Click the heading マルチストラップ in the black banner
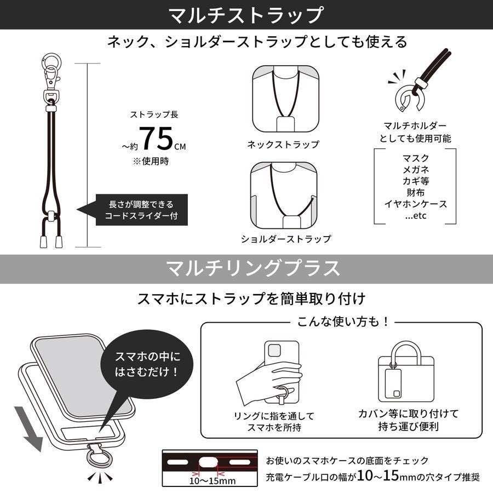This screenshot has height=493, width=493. point(246,15)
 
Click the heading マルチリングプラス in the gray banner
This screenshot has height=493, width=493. point(246,268)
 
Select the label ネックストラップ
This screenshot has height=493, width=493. point(282,145)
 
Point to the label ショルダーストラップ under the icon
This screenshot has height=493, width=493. point(286,239)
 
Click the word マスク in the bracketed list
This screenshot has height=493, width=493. point(416,159)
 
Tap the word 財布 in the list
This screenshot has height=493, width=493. point(416,193)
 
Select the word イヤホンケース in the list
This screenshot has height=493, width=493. point(416,204)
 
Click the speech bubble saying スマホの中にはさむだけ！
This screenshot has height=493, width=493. point(147,364)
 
